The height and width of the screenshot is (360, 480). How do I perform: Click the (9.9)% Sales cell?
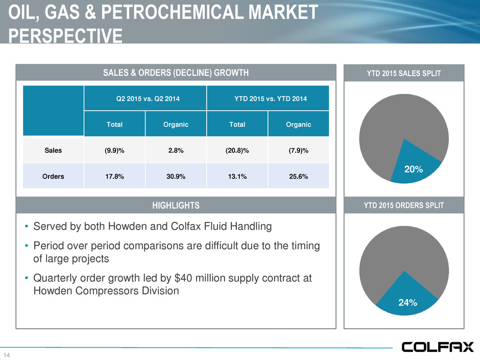[x=115, y=150]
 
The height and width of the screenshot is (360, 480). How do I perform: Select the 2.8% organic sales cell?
[x=176, y=150]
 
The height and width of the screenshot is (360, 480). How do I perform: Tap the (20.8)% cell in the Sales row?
[x=237, y=150]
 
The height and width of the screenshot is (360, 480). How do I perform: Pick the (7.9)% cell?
[x=298, y=150]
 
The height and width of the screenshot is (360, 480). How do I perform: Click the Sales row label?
[x=54, y=150]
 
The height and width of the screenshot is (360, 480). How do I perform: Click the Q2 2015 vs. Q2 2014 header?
[x=146, y=98]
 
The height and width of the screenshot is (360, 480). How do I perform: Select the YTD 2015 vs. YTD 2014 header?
[x=268, y=98]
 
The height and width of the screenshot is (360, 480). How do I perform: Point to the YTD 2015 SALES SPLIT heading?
[x=404, y=73]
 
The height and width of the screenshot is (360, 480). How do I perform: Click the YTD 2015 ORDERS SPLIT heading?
[x=404, y=205]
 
